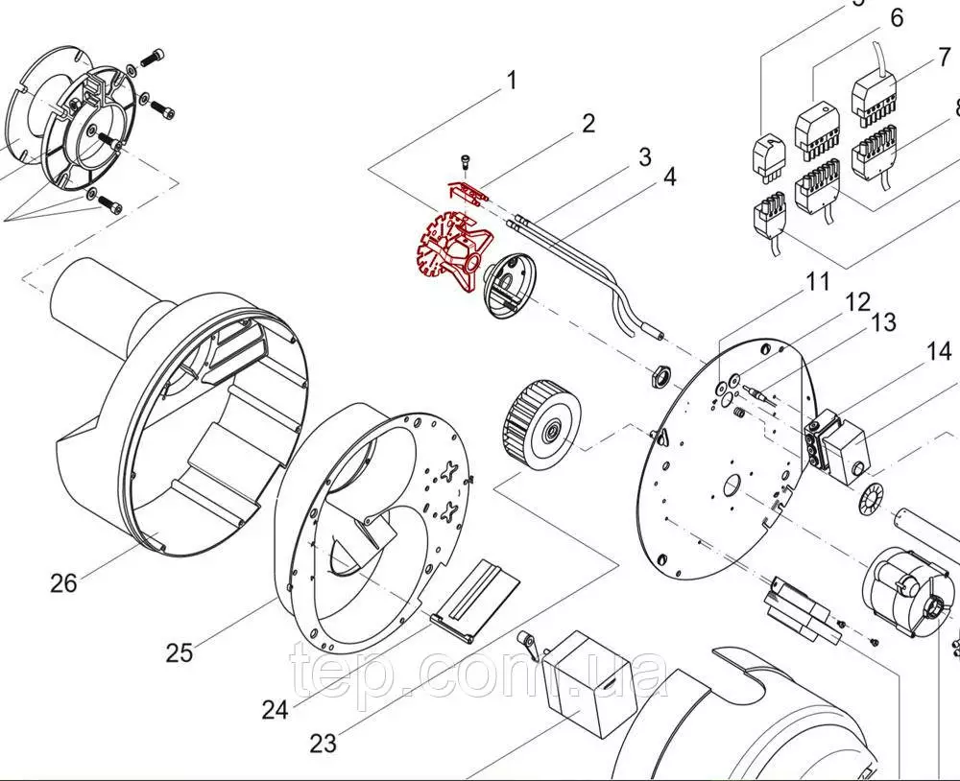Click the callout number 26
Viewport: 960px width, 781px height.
click(63, 581)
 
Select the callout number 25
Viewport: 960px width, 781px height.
click(179, 653)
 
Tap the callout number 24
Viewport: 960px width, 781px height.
click(275, 710)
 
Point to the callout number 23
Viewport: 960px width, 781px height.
click(324, 743)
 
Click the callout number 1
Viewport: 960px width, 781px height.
click(512, 80)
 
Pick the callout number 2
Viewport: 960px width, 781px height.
click(588, 123)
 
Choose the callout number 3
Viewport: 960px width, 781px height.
click(644, 155)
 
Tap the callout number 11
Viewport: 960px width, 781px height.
click(817, 282)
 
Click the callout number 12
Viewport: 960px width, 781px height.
click(857, 302)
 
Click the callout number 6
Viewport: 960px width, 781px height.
click(897, 17)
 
